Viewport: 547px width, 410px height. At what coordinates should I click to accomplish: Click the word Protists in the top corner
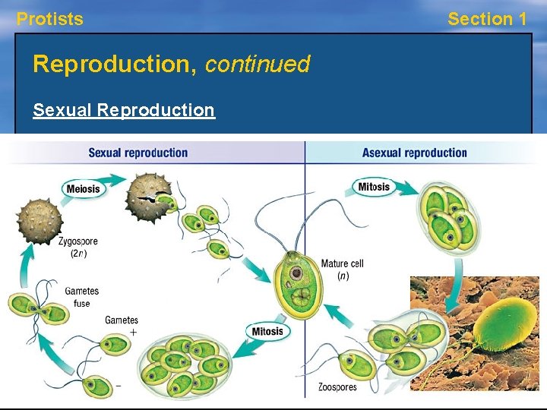(50, 19)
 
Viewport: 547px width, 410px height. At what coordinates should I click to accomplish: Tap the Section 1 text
(487, 19)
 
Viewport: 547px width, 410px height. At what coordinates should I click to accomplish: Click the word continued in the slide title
(258, 65)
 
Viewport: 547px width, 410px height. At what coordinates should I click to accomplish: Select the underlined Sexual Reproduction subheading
(124, 110)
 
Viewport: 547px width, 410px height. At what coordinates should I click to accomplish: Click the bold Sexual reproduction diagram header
(138, 153)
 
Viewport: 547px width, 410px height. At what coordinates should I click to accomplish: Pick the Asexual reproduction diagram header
(414, 153)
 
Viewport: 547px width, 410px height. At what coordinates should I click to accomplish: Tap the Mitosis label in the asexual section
(374, 187)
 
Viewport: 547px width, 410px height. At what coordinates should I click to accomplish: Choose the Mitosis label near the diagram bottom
(267, 331)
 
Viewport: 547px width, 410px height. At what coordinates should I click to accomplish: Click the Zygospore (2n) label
(77, 247)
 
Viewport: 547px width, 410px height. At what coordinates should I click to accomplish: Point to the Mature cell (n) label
(342, 269)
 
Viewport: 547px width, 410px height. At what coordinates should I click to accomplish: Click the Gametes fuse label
(81, 297)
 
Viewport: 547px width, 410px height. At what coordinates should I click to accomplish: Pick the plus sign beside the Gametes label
(134, 333)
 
